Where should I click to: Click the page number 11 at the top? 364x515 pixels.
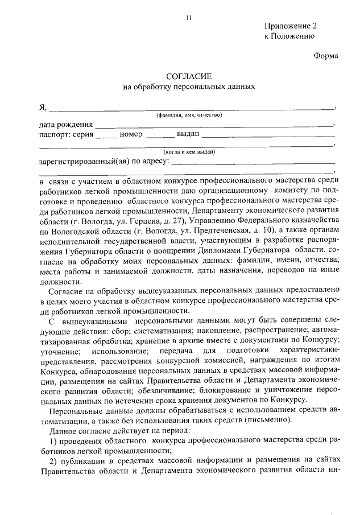point(189,18)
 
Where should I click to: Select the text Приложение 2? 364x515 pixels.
point(290,26)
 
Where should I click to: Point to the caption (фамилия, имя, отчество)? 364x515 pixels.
point(189,116)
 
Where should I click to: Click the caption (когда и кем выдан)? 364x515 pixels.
point(189,152)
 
